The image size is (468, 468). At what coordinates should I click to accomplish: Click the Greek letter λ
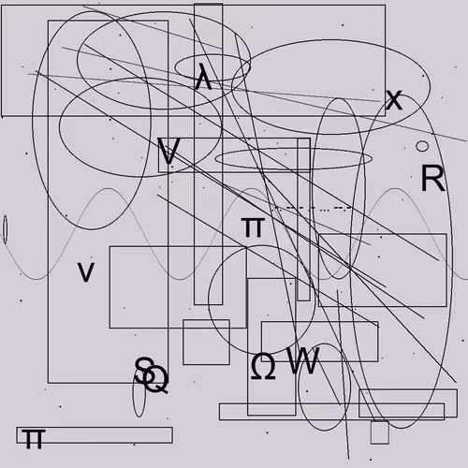coord(203,77)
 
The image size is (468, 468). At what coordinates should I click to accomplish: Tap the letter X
coord(394,100)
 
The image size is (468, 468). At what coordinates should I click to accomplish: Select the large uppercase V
coord(168,151)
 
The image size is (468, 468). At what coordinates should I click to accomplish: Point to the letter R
coord(432,178)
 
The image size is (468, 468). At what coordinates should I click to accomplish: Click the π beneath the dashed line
coord(253,227)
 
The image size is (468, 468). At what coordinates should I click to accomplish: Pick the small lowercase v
coord(86,272)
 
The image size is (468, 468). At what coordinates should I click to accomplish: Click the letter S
coord(144,371)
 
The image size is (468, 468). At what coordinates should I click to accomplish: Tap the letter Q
coord(156,380)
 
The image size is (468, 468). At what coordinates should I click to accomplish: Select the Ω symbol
coord(263,366)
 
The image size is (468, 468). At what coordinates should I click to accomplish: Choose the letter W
coord(303,360)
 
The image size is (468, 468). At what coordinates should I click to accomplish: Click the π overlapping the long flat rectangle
coord(34,439)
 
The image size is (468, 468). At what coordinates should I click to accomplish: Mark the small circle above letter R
coord(422,146)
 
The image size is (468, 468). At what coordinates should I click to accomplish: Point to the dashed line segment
coord(313,208)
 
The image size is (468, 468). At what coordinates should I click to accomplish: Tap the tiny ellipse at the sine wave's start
coord(5,229)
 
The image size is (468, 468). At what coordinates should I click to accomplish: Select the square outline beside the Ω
coord(206,342)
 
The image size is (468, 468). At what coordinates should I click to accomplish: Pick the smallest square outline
coord(380,432)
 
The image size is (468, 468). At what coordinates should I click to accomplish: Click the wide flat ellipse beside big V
coord(293,158)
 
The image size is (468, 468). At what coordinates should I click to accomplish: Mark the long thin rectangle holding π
coord(95,435)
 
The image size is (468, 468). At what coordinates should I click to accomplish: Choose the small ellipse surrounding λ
coord(212,67)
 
